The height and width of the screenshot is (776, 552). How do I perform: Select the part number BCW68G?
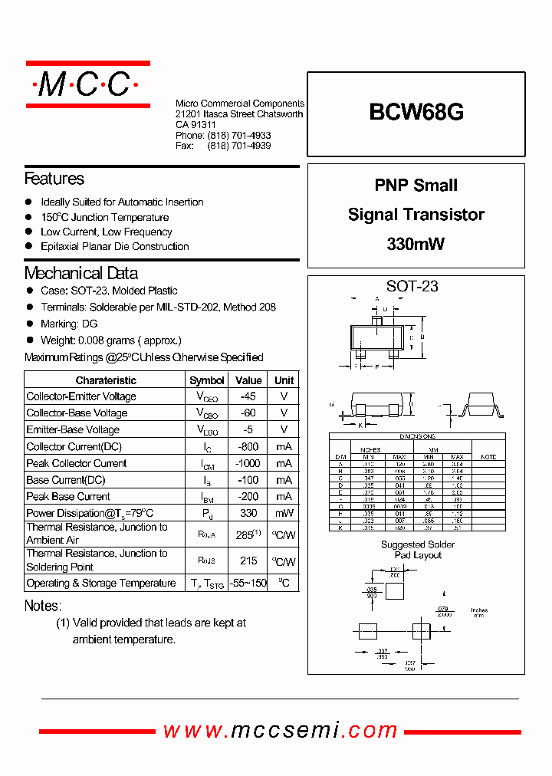pyautogui.click(x=416, y=113)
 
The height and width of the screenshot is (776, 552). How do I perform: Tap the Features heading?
pyautogui.click(x=54, y=179)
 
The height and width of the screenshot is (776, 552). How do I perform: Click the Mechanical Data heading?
pyautogui.click(x=81, y=273)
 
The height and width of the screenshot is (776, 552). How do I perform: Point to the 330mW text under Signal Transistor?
pyautogui.click(x=416, y=245)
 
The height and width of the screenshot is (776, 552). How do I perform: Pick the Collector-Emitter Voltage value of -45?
pyautogui.click(x=248, y=396)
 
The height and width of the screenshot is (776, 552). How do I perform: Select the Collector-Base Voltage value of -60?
pyautogui.click(x=248, y=413)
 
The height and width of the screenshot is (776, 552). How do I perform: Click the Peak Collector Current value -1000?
pyautogui.click(x=248, y=463)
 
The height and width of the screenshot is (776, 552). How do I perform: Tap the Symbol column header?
pyautogui.click(x=207, y=380)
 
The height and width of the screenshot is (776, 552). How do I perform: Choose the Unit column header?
pyautogui.click(x=284, y=380)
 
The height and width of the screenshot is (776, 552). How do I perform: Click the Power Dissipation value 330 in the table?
pyautogui.click(x=248, y=513)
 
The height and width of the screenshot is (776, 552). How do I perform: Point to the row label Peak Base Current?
pyautogui.click(x=68, y=496)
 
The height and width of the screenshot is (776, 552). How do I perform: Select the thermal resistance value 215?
pyautogui.click(x=248, y=561)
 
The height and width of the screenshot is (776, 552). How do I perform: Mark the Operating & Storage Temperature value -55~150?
pyautogui.click(x=248, y=584)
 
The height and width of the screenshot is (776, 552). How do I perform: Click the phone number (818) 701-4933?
pyautogui.click(x=238, y=135)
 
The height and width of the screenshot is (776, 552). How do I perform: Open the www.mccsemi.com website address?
pyautogui.click(x=281, y=730)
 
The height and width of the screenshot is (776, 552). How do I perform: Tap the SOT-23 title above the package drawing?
pyautogui.click(x=412, y=287)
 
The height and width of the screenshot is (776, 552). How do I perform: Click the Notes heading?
pyautogui.click(x=42, y=606)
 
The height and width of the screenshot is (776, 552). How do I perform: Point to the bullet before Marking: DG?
pyautogui.click(x=30, y=324)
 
